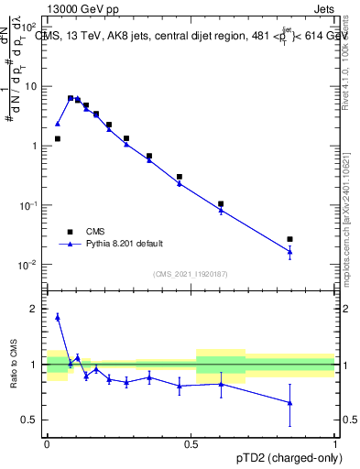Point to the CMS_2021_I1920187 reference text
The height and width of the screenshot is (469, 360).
pyautogui.click(x=191, y=274)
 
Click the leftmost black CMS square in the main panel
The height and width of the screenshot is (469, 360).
pyautogui.click(x=57, y=138)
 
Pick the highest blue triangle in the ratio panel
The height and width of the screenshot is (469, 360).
pyautogui.click(x=57, y=317)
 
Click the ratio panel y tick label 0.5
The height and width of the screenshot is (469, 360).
pyautogui.click(x=31, y=420)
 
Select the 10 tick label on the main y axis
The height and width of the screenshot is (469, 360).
pyautogui.click(x=30, y=86)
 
